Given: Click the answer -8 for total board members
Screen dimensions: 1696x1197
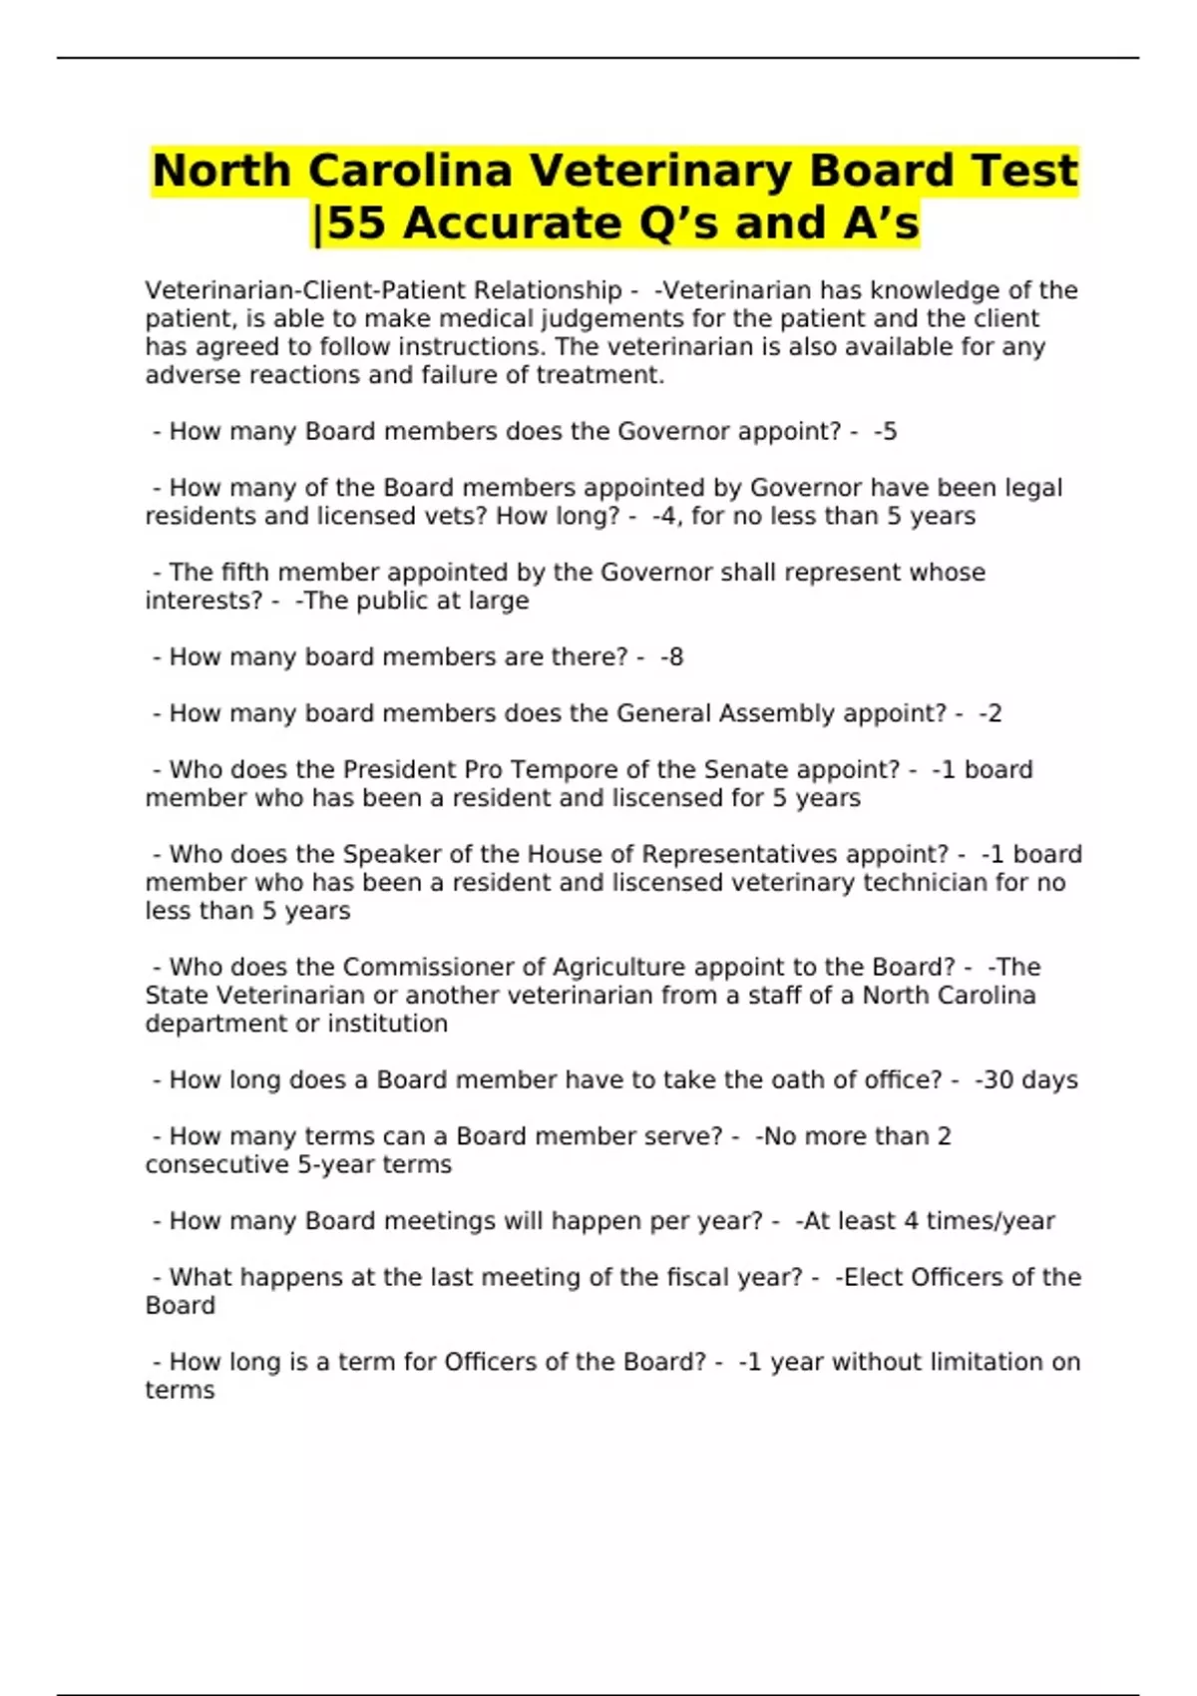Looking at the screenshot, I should [x=672, y=656].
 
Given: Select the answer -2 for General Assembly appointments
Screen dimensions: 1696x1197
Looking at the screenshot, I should [x=991, y=713].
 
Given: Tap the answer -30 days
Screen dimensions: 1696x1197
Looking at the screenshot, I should [x=1026, y=1079].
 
